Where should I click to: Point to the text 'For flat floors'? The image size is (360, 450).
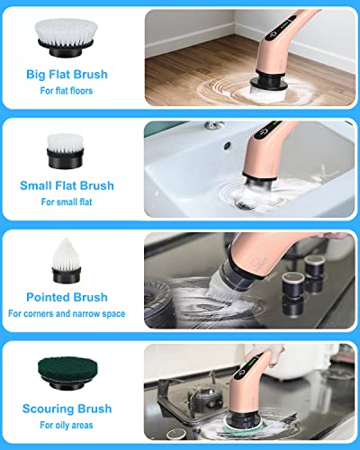click(67, 92)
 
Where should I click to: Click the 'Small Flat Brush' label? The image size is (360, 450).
click(67, 186)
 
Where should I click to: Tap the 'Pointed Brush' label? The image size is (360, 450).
click(67, 297)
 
